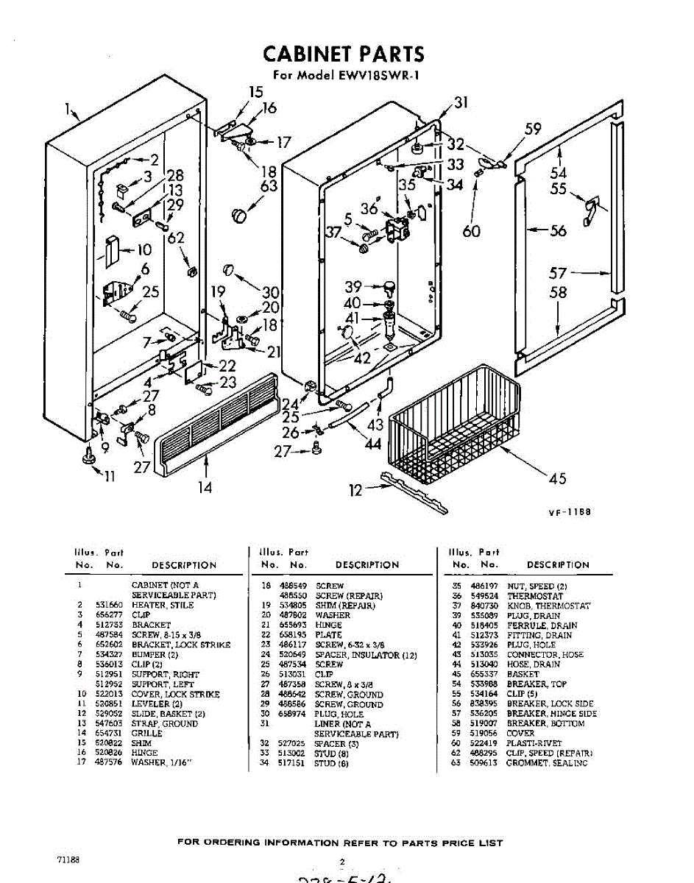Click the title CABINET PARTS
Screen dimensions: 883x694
coord(344,54)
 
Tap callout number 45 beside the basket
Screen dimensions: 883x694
coord(558,479)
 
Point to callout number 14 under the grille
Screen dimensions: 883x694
coord(205,486)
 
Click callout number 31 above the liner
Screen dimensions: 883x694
coord(461,103)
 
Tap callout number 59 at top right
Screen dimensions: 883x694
coord(533,130)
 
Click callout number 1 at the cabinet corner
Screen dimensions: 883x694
coord(67,110)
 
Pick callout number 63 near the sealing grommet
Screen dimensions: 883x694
coord(269,186)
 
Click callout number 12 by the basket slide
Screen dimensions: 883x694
coord(355,490)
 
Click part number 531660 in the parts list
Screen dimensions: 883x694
coord(108,605)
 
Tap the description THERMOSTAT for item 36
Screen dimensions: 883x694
coord(535,596)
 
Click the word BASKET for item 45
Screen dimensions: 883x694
coord(523,674)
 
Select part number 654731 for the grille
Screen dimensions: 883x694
coord(108,734)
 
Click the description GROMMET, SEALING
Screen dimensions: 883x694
coord(547,763)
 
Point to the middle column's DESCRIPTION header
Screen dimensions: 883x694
coord(367,565)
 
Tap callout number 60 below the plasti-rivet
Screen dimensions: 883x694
coord(471,231)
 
